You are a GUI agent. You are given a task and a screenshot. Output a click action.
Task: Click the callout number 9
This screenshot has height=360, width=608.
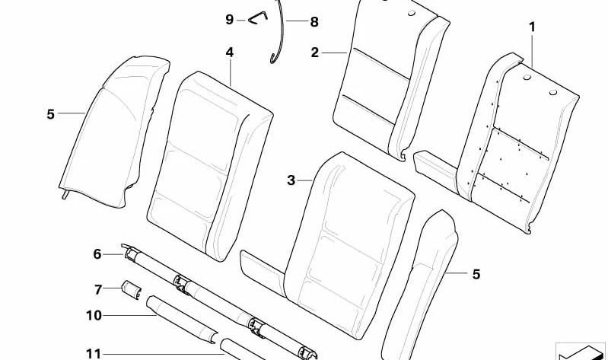point(230,19)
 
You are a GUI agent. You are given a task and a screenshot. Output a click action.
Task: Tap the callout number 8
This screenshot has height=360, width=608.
point(314,22)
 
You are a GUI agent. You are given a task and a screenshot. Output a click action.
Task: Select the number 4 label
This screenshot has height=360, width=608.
point(230,53)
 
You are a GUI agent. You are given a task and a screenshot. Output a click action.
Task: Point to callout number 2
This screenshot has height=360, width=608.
point(314,53)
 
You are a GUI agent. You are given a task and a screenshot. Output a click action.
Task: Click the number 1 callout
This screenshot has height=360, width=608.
point(533,27)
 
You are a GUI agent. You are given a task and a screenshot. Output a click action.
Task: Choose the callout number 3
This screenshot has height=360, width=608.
point(291,180)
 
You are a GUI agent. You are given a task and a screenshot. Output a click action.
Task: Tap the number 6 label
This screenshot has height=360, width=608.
point(97,254)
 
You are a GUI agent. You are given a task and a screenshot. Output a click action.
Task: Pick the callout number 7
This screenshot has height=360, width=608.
point(98,289)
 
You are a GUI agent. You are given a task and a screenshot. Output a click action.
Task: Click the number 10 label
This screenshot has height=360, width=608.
point(94,315)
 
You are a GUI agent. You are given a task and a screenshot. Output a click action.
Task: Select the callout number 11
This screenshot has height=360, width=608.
point(94,354)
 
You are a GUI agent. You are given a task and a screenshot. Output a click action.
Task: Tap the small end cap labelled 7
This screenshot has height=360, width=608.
point(132,289)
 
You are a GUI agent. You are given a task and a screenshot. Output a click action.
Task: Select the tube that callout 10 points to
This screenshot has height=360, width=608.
point(182,319)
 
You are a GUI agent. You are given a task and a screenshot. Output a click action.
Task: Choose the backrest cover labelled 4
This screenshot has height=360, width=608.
point(209,165)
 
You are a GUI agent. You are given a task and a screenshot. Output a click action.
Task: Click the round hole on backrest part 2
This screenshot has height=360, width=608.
point(412,13)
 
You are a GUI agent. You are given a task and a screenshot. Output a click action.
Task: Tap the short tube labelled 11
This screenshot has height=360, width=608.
point(242,350)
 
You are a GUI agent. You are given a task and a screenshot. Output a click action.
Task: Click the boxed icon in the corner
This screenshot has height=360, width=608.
point(581,352)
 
